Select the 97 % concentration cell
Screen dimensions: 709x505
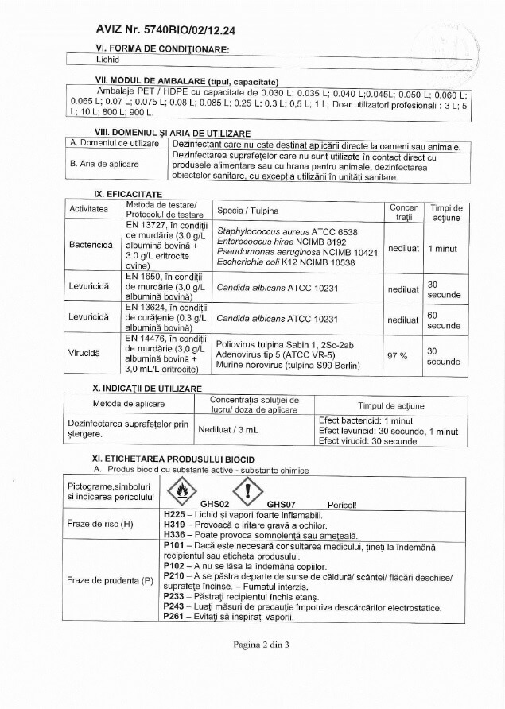coord(397,355)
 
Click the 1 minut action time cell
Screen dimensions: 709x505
coord(442,249)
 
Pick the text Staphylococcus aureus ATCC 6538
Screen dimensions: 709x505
coord(286,231)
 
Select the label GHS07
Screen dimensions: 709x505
coord(281,504)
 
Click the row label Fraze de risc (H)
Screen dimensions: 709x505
coord(105,525)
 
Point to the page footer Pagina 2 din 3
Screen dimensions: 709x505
coord(251,645)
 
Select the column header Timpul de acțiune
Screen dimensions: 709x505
coord(391,405)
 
